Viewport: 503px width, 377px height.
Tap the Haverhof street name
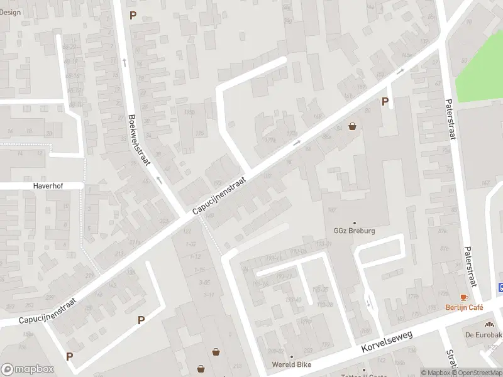pos(41,186)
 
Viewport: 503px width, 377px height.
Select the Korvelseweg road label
pos(387,342)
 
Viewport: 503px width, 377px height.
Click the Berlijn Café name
pos(464,307)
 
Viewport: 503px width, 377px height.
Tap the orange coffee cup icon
pos(464,297)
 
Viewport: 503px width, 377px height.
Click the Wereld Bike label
pos(292,364)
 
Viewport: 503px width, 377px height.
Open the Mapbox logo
pos(27,369)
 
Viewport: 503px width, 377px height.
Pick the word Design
pos(11,12)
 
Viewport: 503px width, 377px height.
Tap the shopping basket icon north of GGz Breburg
pos(352,126)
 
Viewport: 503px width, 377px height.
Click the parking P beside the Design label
pos(133,15)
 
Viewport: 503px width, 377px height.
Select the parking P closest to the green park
pos(385,101)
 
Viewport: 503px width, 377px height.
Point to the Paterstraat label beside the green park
pos(450,119)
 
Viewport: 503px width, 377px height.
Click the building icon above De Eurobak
pos(489,324)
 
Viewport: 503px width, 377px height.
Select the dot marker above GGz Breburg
pos(355,222)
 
